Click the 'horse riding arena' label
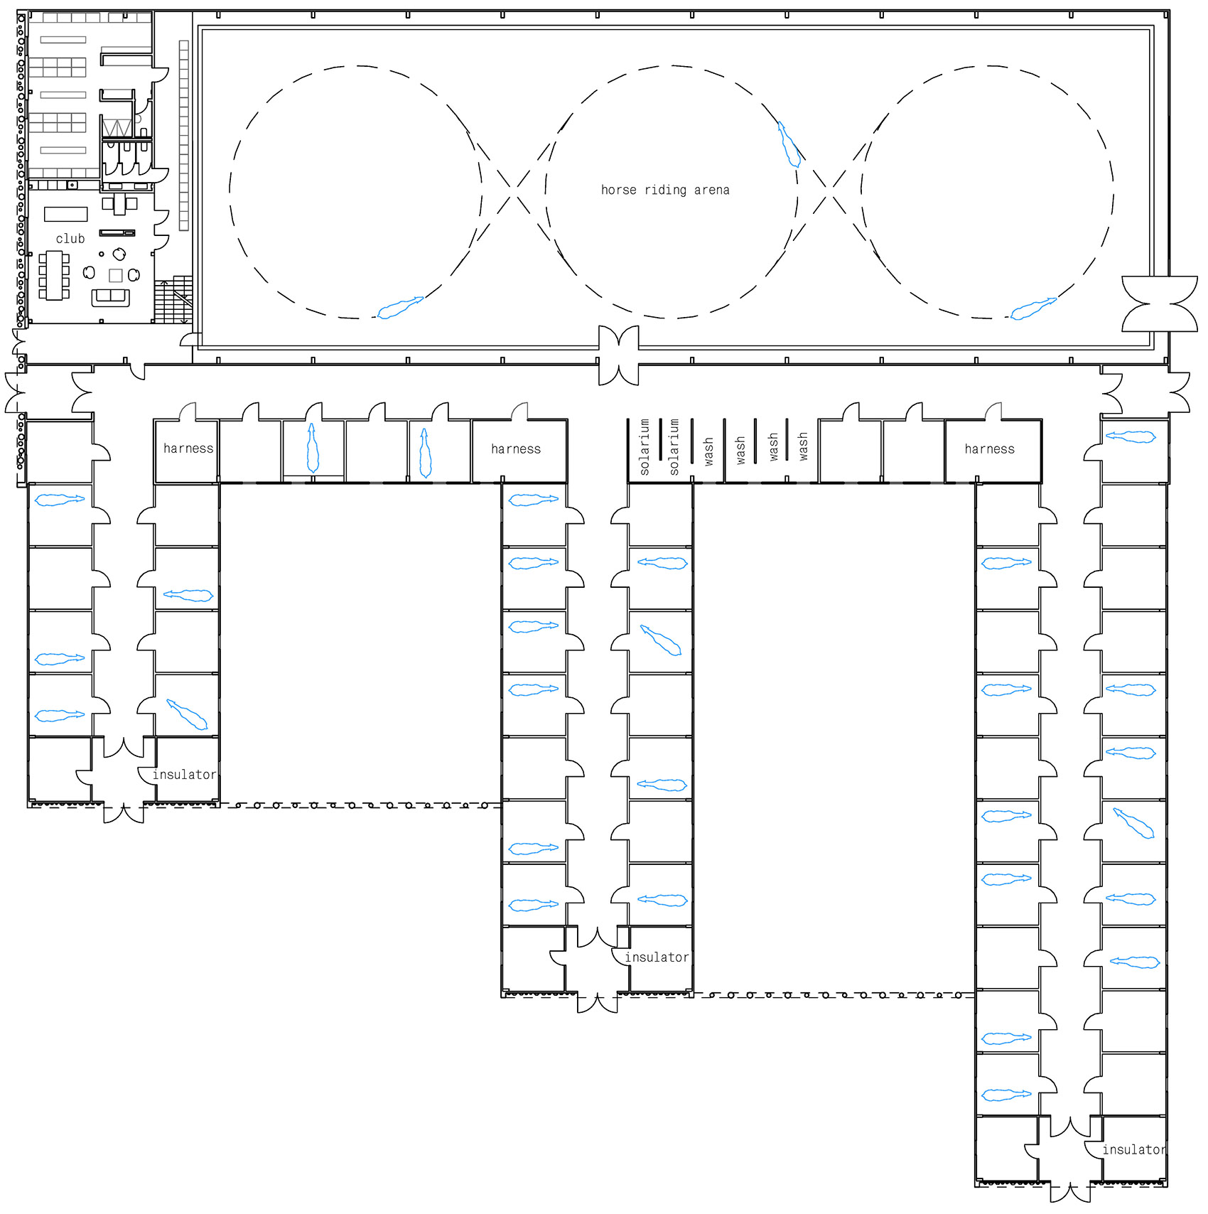[x=665, y=190]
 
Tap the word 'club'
[x=70, y=238]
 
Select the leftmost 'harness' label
[x=188, y=448]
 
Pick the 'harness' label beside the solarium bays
[x=516, y=448]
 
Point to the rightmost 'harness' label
[x=990, y=448]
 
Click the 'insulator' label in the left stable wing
[x=184, y=774]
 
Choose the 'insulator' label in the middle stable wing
[x=657, y=957]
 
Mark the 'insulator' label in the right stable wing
[x=1134, y=1149]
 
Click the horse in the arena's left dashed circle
[x=400, y=307]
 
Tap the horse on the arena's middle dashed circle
[x=789, y=144]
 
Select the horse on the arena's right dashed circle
[x=1033, y=308]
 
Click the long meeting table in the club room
[x=55, y=276]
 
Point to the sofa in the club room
[x=110, y=297]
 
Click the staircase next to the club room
[x=173, y=299]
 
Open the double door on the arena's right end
[x=1160, y=303]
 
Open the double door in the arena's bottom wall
[x=618, y=355]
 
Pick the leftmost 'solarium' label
[x=645, y=446]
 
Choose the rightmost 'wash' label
[x=803, y=446]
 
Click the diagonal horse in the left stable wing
[x=187, y=714]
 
